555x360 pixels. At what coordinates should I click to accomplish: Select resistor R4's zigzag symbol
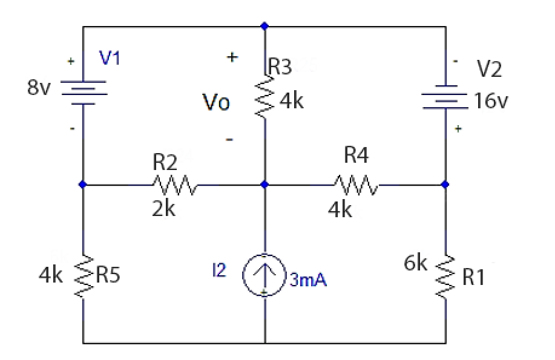tap(356, 183)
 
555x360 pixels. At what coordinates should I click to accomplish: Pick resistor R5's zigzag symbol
tap(83, 276)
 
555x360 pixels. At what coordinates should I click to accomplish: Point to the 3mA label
tap(309, 281)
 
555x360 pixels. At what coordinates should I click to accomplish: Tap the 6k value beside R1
tap(416, 264)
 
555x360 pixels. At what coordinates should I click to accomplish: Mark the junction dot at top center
tap(264, 26)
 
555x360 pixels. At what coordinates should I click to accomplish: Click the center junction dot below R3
tap(264, 184)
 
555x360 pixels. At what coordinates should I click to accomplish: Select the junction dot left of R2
tap(83, 184)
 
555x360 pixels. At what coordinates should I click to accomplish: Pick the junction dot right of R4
tap(445, 184)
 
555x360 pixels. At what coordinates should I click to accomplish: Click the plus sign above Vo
tap(232, 57)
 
